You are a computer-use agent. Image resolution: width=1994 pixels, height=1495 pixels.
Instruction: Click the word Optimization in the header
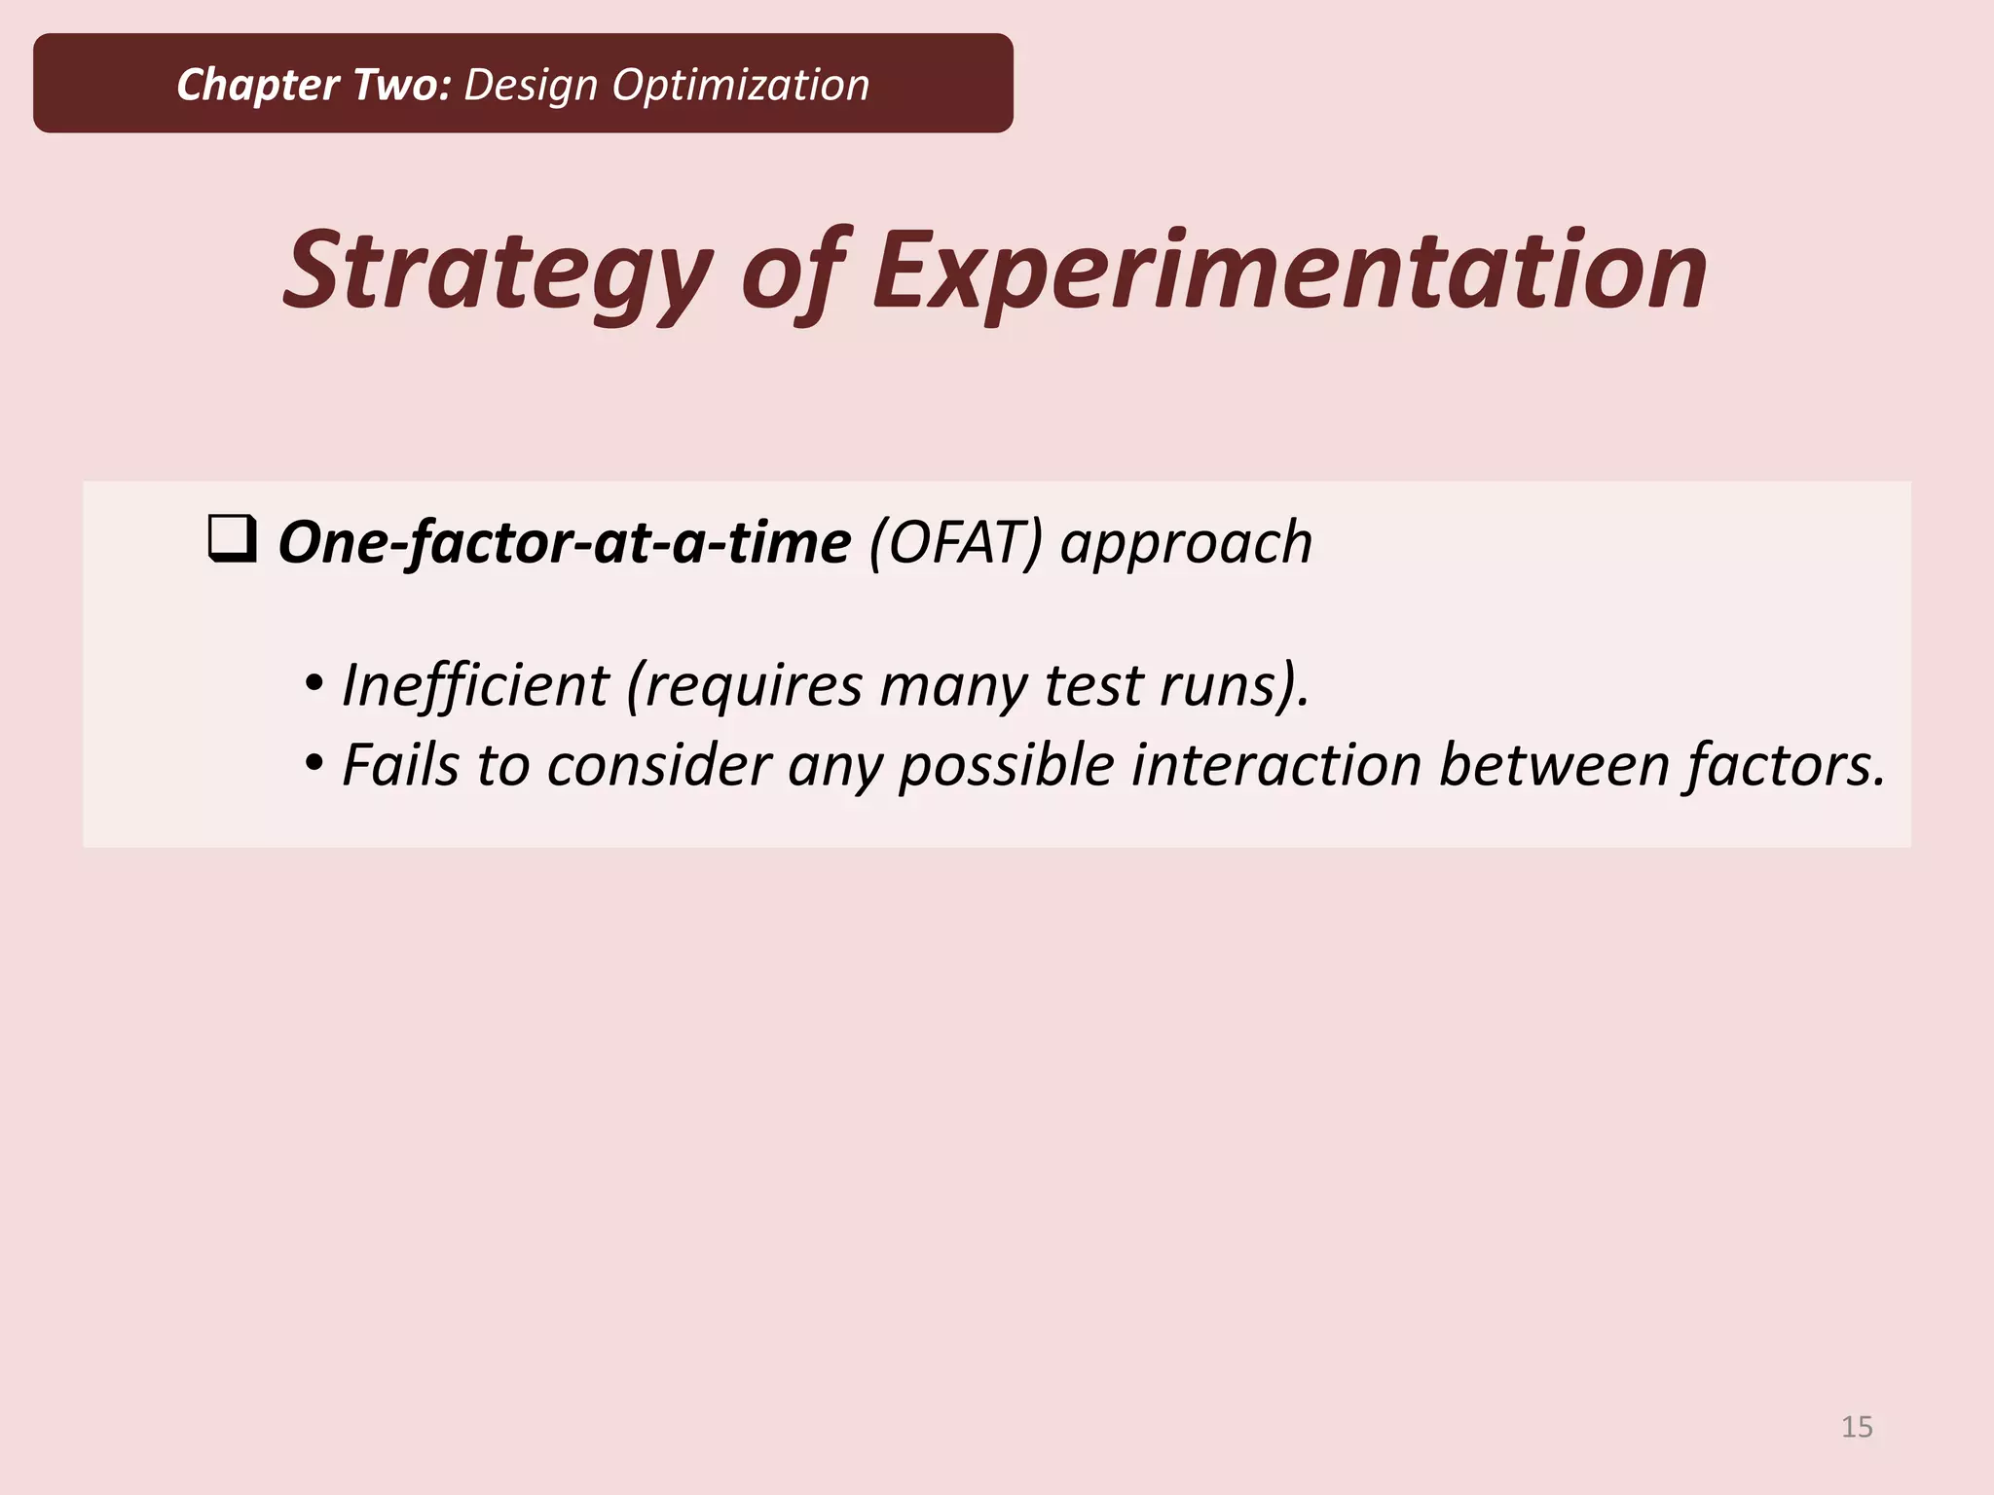(x=740, y=85)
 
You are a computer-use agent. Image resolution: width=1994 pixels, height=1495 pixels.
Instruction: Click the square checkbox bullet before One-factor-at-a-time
(x=233, y=539)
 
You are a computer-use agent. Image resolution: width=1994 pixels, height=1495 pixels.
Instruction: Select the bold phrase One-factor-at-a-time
(x=565, y=542)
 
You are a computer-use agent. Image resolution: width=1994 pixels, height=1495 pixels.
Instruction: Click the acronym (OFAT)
(x=955, y=542)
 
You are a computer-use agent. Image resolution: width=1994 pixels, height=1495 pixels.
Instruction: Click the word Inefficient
(x=475, y=685)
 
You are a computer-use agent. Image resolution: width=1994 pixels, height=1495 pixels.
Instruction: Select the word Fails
(x=400, y=765)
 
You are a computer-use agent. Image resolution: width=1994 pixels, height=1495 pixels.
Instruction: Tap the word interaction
(x=1276, y=765)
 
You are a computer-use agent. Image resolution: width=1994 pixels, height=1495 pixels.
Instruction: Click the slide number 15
(x=1857, y=1427)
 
